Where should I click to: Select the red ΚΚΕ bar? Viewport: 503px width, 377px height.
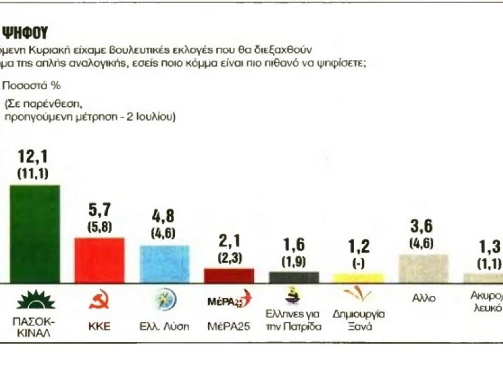pyautogui.click(x=99, y=260)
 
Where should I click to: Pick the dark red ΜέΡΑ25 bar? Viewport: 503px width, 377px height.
pyautogui.click(x=229, y=275)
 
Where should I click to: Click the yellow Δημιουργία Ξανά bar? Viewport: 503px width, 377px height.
pyautogui.click(x=358, y=278)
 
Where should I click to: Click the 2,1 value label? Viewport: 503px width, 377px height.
pyautogui.click(x=229, y=243)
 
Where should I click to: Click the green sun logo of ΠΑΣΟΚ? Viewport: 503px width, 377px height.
pyautogui.click(x=35, y=300)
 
